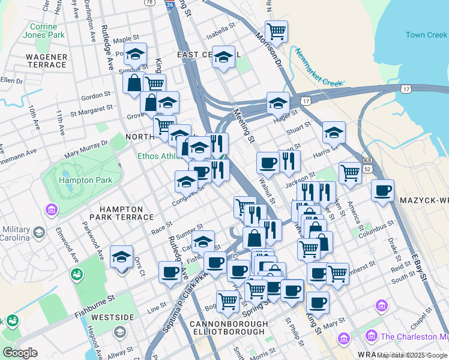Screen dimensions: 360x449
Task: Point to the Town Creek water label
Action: [x=427, y=35]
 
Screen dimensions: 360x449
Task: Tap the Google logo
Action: [x=20, y=352]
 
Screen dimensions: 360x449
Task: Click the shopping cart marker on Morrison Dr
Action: [x=276, y=31]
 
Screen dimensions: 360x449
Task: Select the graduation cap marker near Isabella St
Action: [x=224, y=57]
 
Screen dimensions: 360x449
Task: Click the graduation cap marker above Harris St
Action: [x=334, y=132]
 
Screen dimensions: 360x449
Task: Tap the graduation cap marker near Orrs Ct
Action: [x=122, y=257]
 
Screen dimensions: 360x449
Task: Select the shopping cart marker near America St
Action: [x=350, y=173]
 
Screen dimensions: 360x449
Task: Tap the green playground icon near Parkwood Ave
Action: [x=77, y=274]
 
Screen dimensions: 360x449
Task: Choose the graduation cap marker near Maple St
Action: [x=135, y=55]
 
